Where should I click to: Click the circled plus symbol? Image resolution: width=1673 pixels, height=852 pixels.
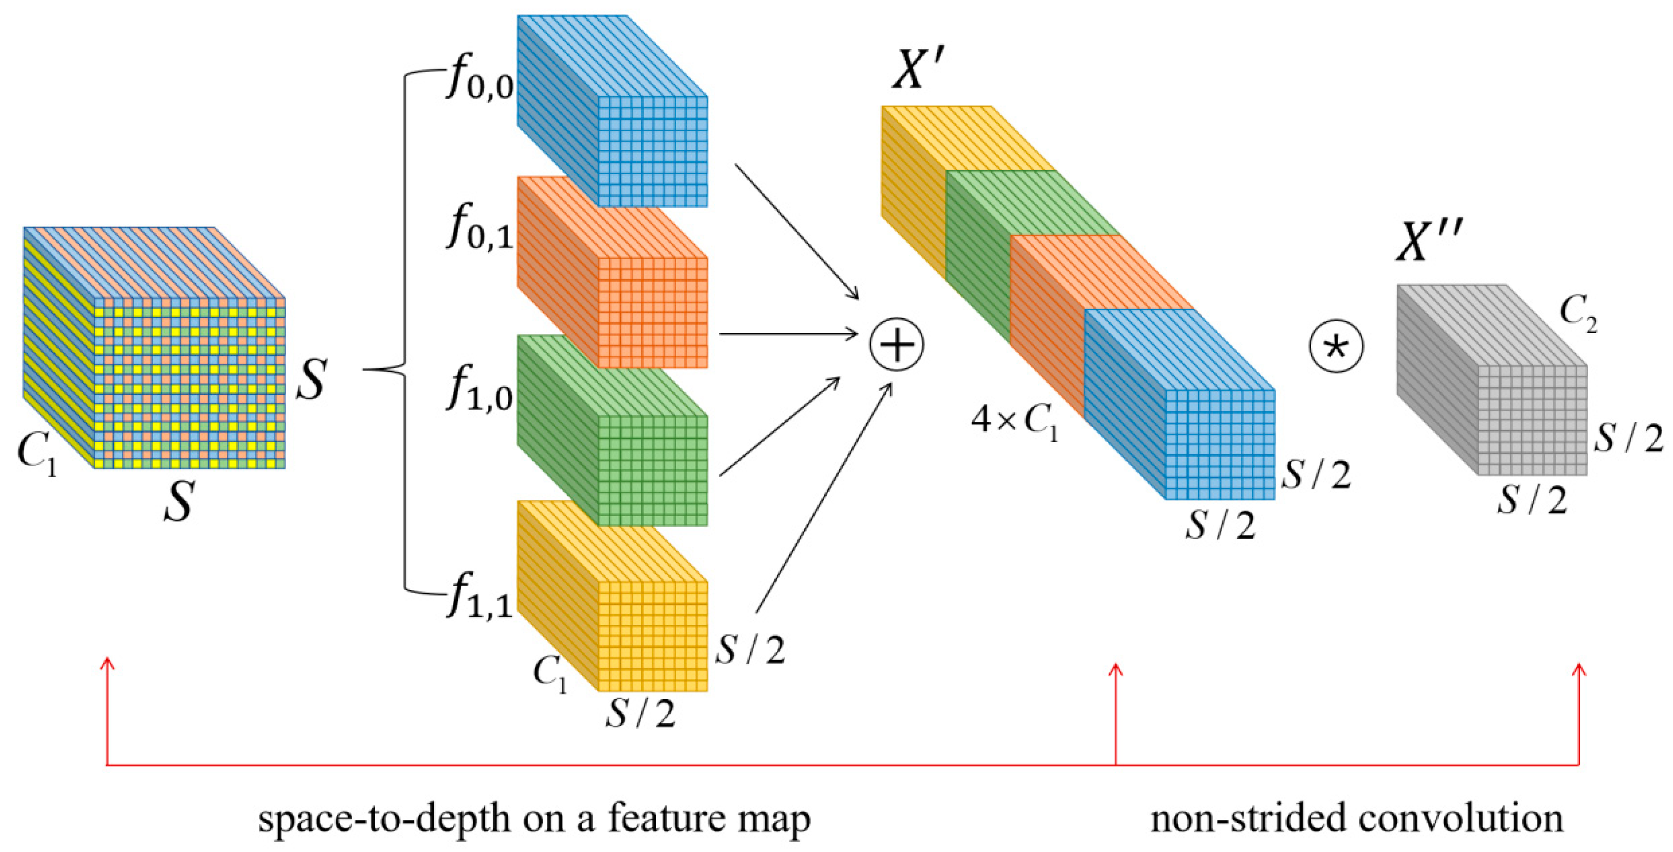[897, 345]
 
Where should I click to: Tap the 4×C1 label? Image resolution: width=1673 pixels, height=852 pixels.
[1015, 423]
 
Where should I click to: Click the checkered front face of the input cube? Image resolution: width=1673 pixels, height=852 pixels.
[189, 383]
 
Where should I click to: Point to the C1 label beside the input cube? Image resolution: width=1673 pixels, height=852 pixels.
[37, 452]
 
